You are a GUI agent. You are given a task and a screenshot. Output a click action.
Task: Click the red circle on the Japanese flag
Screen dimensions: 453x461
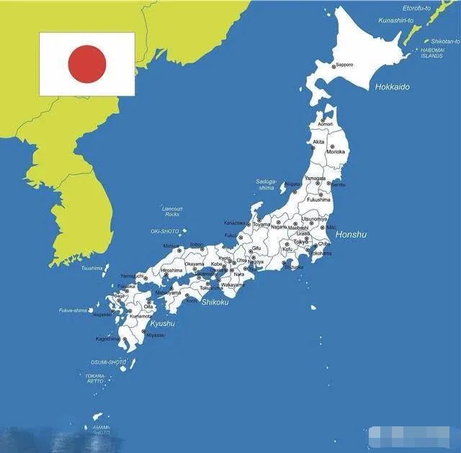(87, 63)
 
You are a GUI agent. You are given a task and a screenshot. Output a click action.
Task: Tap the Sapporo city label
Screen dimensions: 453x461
(344, 65)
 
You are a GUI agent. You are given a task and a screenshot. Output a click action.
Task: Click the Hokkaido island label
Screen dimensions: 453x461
(392, 87)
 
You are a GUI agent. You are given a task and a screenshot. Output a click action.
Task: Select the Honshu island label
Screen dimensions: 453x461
(352, 235)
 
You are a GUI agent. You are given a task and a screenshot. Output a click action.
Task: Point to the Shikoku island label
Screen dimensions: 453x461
(215, 302)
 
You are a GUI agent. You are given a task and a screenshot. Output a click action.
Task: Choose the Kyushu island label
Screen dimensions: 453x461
(162, 323)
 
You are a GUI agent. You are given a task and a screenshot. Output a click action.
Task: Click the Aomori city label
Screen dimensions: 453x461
(326, 125)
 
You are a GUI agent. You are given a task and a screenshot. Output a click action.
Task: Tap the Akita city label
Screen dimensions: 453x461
(318, 142)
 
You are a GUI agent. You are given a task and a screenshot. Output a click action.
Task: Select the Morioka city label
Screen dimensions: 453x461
(336, 152)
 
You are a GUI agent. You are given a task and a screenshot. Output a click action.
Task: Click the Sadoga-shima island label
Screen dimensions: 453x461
(266, 184)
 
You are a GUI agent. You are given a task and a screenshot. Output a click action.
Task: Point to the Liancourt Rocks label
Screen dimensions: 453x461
(171, 210)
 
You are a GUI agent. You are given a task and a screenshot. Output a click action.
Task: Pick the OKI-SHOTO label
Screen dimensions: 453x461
(164, 231)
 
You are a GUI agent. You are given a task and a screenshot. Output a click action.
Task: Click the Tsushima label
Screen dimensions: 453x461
(92, 268)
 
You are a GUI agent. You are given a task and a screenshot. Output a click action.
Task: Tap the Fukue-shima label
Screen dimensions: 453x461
(73, 310)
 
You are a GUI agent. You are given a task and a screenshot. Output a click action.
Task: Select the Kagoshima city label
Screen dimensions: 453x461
(107, 338)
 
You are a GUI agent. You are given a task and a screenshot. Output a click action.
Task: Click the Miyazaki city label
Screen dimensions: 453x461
(156, 335)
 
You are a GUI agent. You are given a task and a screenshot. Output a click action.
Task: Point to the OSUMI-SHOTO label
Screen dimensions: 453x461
(108, 362)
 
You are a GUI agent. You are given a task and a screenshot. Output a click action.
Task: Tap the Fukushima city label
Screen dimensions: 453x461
(318, 199)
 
